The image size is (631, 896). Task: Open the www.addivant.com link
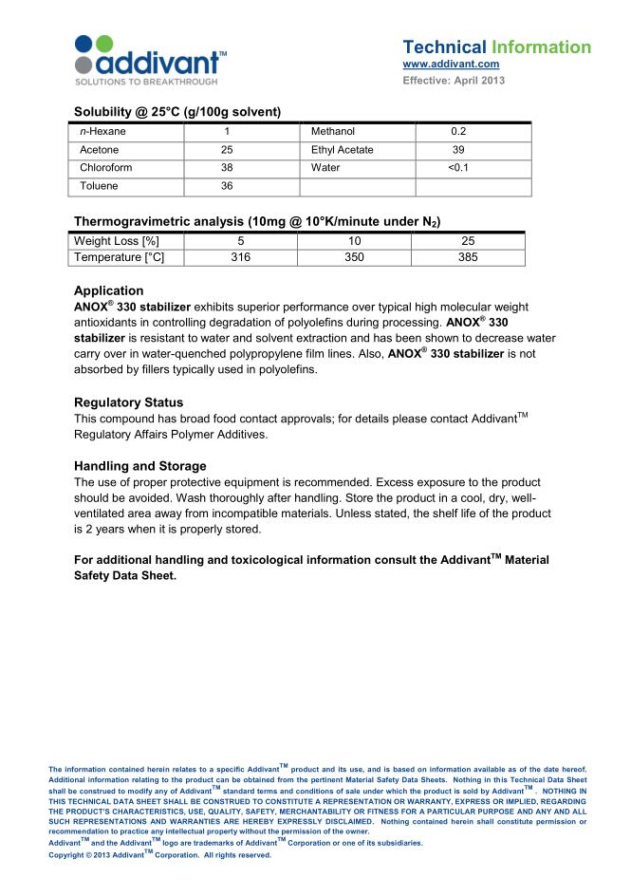[451, 65]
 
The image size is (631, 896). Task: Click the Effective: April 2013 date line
[454, 80]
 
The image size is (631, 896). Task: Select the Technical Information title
[496, 47]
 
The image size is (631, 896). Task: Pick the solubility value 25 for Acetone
[227, 150]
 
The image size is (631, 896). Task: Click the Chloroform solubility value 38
[227, 168]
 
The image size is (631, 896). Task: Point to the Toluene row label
[99, 186]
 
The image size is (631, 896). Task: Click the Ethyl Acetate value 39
[458, 150]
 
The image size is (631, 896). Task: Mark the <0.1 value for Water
[458, 168]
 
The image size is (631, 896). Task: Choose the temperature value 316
[241, 257]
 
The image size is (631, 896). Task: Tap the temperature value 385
[468, 257]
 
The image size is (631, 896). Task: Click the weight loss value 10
[355, 241]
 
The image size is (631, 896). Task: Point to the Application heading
[108, 290]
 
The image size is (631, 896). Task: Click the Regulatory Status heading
[128, 401]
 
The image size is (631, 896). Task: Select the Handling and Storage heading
[139, 466]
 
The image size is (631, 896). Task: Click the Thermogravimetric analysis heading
[256, 221]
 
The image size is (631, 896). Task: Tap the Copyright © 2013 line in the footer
[159, 855]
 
